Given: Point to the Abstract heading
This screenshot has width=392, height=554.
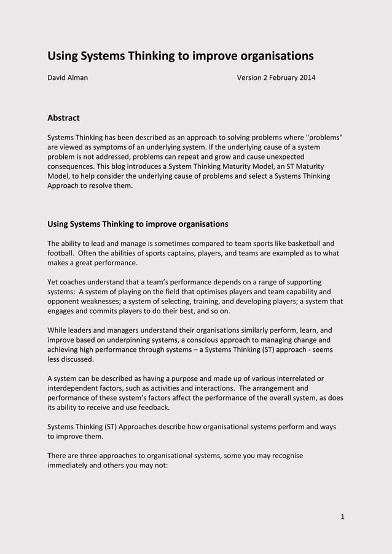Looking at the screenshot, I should point(64,118).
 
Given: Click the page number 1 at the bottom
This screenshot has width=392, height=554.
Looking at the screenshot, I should point(342,516).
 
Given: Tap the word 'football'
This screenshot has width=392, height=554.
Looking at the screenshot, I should point(62,253).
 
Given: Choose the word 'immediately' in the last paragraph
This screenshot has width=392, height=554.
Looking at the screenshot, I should point(69,465).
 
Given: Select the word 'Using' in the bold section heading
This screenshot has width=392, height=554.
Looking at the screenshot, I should point(58,224).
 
